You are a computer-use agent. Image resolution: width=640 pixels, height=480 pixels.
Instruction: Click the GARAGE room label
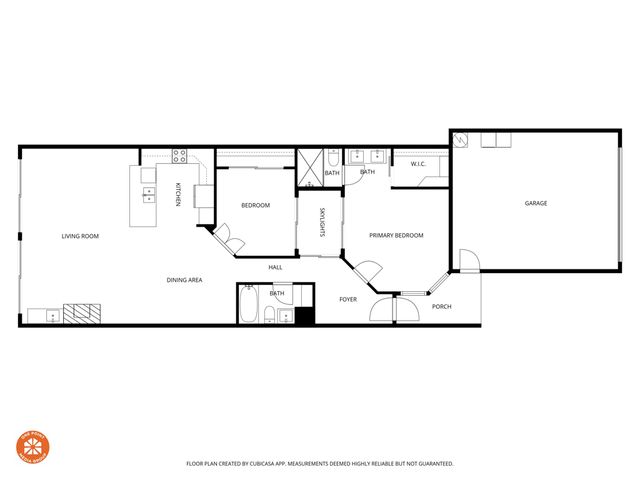536,203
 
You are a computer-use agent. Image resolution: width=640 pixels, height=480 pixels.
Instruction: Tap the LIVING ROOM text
80,236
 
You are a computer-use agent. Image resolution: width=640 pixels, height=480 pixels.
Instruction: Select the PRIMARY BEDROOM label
396,235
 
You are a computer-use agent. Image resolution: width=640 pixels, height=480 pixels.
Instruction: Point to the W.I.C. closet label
419,164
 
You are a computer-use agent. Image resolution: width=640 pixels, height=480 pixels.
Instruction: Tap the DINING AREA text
185,280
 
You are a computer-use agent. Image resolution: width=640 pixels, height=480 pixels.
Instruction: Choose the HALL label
275,267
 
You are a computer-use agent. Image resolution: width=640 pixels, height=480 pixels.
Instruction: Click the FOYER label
348,299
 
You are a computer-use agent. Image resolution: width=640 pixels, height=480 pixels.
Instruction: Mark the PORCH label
441,306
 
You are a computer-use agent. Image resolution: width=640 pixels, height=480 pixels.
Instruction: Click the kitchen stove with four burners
180,155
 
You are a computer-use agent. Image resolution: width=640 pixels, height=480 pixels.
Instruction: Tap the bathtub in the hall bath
249,304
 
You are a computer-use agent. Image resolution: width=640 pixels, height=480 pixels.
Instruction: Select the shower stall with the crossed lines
309,167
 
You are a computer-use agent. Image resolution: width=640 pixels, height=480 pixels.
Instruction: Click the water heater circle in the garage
460,141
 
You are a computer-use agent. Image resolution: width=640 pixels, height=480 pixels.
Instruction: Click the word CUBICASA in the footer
264,464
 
